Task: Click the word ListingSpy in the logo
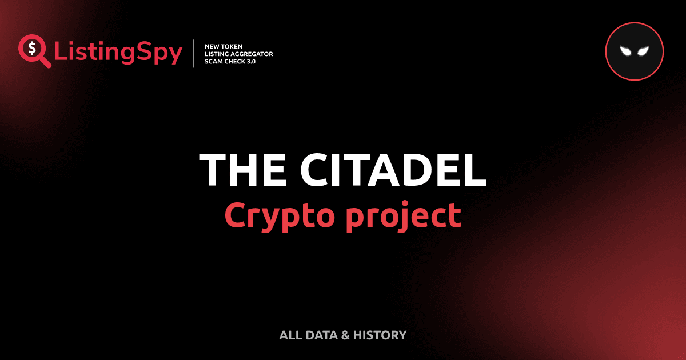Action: pyautogui.click(x=118, y=53)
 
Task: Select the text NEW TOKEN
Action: pyautogui.click(x=224, y=46)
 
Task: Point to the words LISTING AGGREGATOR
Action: pyautogui.click(x=238, y=54)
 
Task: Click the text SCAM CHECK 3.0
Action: pyautogui.click(x=230, y=61)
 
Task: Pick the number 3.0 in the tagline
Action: pyautogui.click(x=250, y=61)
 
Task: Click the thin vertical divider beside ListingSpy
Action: pyautogui.click(x=195, y=54)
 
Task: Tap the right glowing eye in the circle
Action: pyautogui.click(x=643, y=51)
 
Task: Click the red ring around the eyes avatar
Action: pyautogui.click(x=634, y=25)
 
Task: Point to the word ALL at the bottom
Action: pyautogui.click(x=290, y=335)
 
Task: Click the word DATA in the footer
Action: pyautogui.click(x=322, y=335)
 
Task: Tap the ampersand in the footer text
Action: pyautogui.click(x=345, y=335)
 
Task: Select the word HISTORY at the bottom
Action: pyautogui.click(x=380, y=335)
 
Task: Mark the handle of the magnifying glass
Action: pyautogui.click(x=45, y=62)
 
